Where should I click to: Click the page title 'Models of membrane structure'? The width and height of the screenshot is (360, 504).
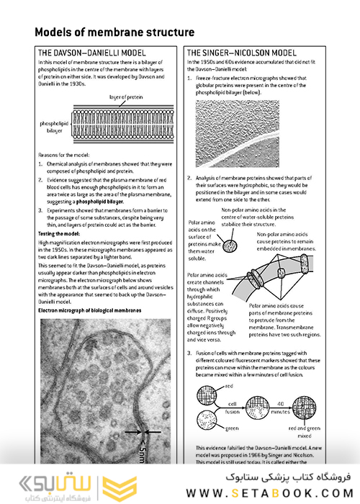click(x=114, y=33)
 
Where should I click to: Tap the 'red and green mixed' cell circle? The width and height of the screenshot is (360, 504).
click(x=302, y=408)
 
